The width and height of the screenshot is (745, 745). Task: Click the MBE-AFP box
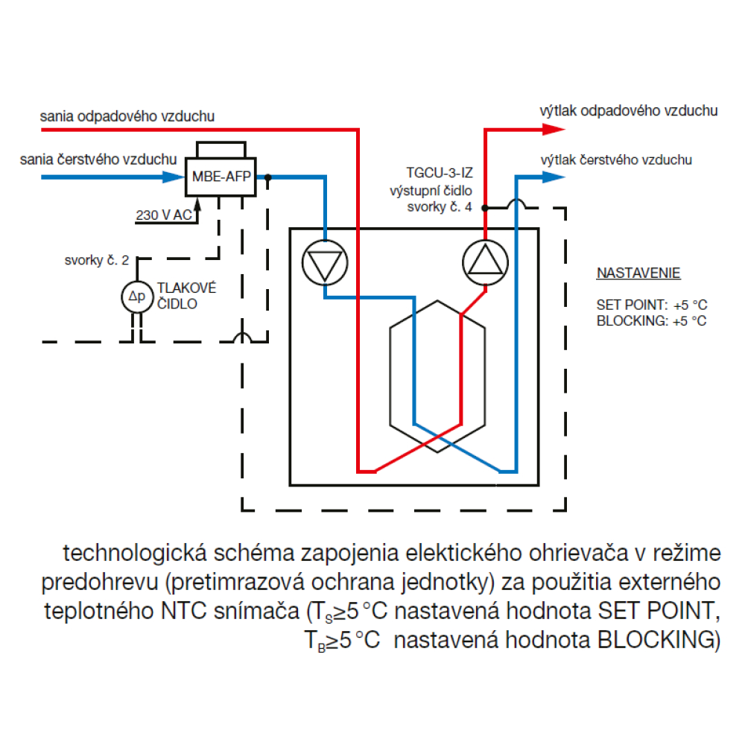(220, 177)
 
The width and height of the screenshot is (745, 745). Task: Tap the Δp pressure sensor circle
(136, 296)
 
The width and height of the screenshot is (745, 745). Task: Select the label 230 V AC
(163, 215)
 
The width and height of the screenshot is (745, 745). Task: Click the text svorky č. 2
(96, 261)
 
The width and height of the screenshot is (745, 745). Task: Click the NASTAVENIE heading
(638, 273)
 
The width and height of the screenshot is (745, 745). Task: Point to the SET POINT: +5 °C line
(650, 305)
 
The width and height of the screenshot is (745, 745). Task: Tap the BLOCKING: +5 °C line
(650, 321)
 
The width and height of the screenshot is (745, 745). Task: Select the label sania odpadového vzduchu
(127, 116)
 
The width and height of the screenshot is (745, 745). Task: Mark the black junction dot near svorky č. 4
(484, 208)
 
